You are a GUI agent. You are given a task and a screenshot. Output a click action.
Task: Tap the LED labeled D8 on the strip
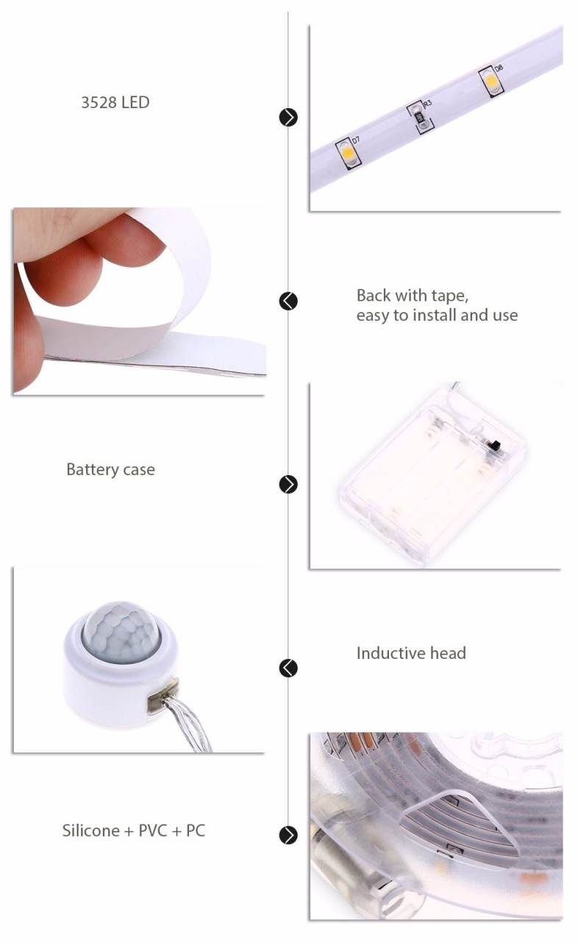[491, 81]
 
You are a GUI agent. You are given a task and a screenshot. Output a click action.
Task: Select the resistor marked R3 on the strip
[420, 118]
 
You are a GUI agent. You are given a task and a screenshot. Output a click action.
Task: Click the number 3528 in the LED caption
[99, 102]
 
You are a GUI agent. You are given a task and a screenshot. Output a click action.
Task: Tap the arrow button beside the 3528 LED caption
[288, 117]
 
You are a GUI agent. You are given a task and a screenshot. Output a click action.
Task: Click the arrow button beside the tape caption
[288, 302]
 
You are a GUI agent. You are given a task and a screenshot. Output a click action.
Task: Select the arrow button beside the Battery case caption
[288, 484]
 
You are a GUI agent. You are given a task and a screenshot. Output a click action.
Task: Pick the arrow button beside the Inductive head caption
[288, 668]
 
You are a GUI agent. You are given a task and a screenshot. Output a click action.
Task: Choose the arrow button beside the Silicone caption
[288, 835]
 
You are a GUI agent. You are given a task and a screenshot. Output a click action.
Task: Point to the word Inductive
[390, 653]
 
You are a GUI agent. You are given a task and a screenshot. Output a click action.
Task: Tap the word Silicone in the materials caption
[90, 831]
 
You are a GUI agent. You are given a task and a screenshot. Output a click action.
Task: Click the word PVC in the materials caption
[152, 831]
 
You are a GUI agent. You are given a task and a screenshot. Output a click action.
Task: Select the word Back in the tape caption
[374, 296]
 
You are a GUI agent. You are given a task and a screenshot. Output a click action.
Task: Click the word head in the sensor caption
[448, 653]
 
